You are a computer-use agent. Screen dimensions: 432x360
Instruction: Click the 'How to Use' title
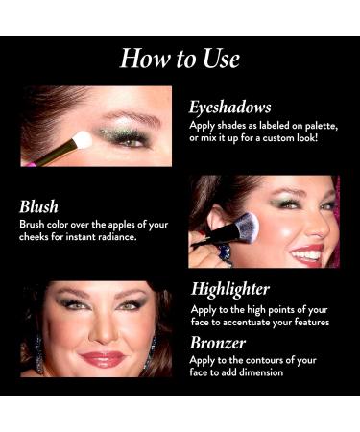coord(180,60)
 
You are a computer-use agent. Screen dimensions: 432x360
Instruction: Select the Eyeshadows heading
coord(230,108)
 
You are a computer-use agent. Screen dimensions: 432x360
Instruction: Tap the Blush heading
coord(38,206)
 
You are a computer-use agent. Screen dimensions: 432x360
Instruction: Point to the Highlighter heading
coord(229,288)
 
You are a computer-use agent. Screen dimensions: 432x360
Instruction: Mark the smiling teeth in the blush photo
coord(308,253)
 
